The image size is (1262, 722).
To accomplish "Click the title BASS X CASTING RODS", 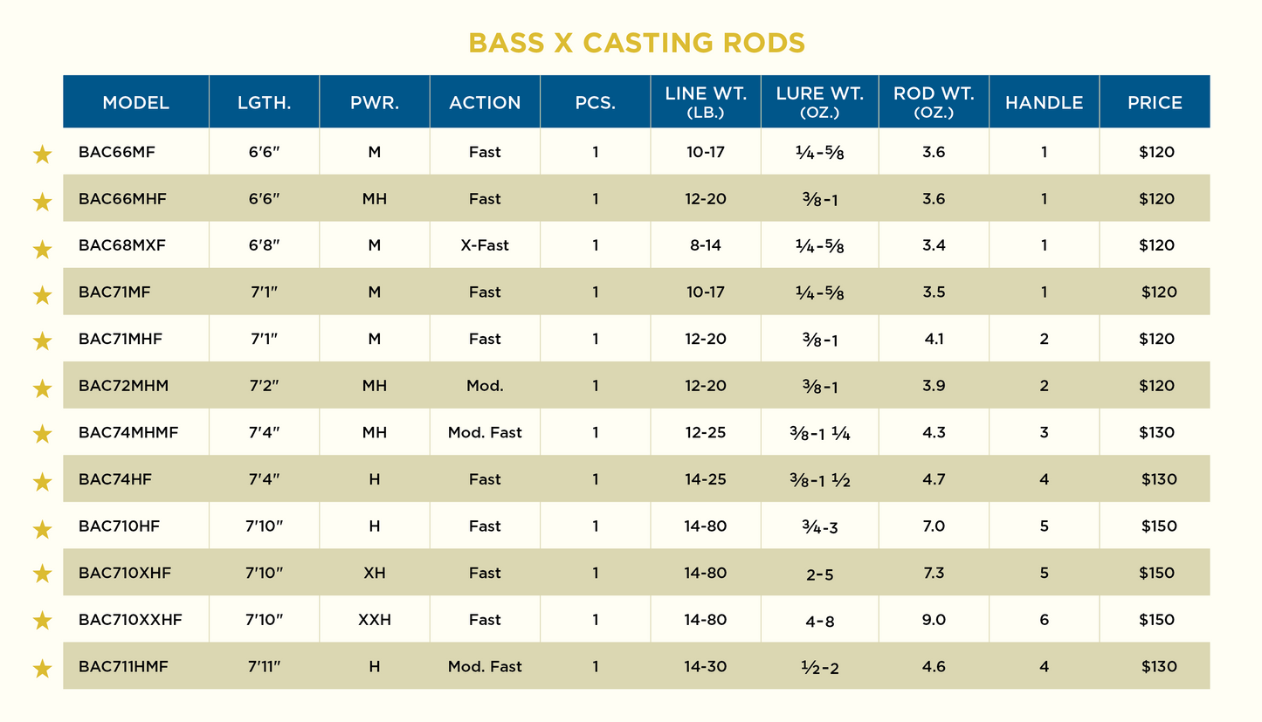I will (636, 43).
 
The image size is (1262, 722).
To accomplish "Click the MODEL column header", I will (135, 102).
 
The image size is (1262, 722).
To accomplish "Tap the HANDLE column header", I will (1044, 102).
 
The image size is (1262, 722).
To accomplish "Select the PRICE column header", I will (1155, 102).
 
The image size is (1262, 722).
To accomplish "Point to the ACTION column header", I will (485, 102).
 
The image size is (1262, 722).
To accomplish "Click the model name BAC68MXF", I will (122, 245).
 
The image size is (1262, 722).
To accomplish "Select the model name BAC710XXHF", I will (130, 620).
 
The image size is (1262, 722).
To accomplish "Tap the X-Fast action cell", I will (485, 245).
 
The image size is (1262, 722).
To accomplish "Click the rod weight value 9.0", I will (934, 620).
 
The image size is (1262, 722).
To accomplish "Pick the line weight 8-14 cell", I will (706, 245).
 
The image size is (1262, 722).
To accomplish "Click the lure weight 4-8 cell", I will (819, 622).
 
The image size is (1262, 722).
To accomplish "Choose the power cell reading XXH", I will (375, 620).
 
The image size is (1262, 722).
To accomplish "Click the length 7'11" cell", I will (264, 666).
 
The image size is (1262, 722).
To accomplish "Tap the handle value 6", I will (1044, 620).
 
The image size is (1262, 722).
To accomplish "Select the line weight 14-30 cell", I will (706, 666).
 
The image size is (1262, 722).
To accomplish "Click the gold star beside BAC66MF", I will (42, 155).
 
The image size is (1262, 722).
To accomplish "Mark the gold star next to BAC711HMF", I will (42, 670).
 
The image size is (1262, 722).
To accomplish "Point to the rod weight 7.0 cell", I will (934, 526).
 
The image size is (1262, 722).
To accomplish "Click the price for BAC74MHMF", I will (1157, 432).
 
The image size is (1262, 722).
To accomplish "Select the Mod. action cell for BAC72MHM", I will (485, 386).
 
